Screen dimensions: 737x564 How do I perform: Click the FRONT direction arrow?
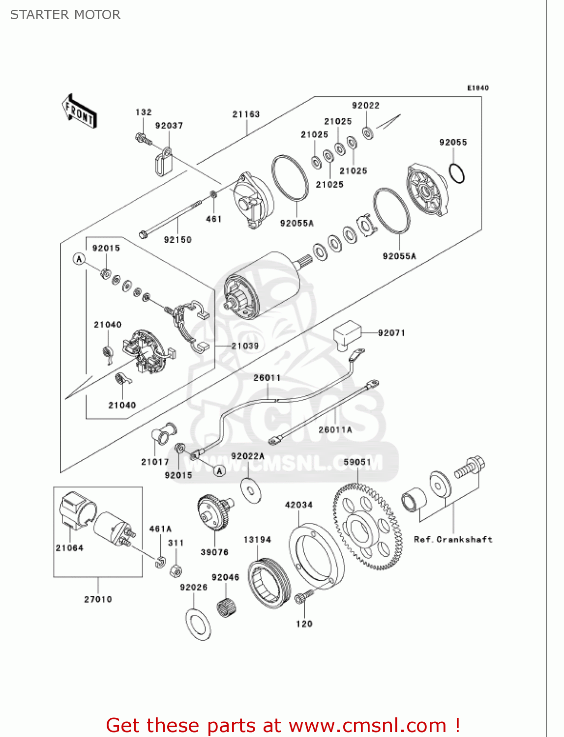[79, 111]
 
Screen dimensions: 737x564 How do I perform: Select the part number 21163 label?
[246, 114]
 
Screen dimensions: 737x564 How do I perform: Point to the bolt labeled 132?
[142, 139]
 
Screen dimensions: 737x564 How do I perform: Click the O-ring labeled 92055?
[457, 172]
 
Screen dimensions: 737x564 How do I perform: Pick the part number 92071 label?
[391, 333]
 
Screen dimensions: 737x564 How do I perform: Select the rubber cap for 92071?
[347, 333]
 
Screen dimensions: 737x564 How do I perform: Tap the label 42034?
[298, 505]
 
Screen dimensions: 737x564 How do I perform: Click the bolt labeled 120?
[302, 597]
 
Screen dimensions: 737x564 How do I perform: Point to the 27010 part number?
[98, 599]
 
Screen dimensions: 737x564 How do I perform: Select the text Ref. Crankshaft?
[453, 539]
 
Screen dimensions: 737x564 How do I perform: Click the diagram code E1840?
[477, 88]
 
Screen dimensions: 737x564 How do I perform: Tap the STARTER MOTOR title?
[65, 15]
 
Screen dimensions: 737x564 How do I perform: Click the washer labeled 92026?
[198, 624]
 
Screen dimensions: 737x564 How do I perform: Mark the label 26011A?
[335, 429]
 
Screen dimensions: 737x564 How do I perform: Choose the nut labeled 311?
[176, 571]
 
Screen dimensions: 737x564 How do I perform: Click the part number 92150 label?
[178, 239]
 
